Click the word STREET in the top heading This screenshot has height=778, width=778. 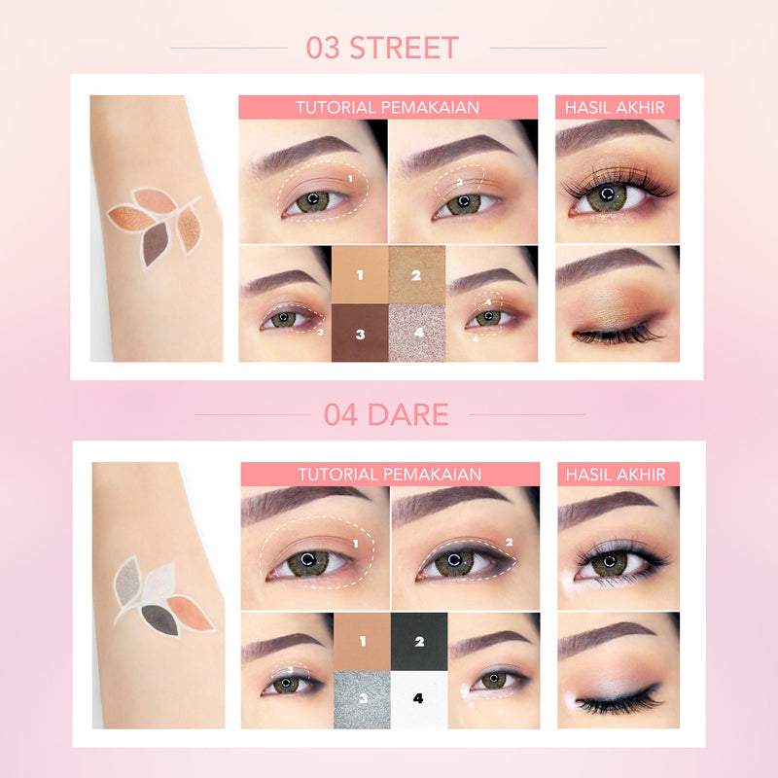coord(405,48)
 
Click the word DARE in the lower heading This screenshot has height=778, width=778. coord(408,415)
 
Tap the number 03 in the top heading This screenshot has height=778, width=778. coord(323,48)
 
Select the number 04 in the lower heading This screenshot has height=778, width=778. coord(340,415)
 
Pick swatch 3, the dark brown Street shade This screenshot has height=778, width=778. coord(360,333)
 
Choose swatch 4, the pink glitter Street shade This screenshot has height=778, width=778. coord(417,333)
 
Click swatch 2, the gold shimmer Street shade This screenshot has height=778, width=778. coord(417,275)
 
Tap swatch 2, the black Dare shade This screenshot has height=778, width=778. coord(419,642)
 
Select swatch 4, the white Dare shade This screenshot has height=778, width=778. coord(419,699)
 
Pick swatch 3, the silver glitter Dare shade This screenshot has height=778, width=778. coord(362,699)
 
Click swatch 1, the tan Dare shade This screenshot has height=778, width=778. coord(362,642)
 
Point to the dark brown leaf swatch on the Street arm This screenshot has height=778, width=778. coord(155,243)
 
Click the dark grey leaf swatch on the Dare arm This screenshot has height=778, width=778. coord(160,619)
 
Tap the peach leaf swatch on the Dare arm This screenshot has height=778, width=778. coord(190,614)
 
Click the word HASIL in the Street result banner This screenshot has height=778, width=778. coord(584,108)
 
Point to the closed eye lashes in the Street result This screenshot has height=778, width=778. coord(618,335)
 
